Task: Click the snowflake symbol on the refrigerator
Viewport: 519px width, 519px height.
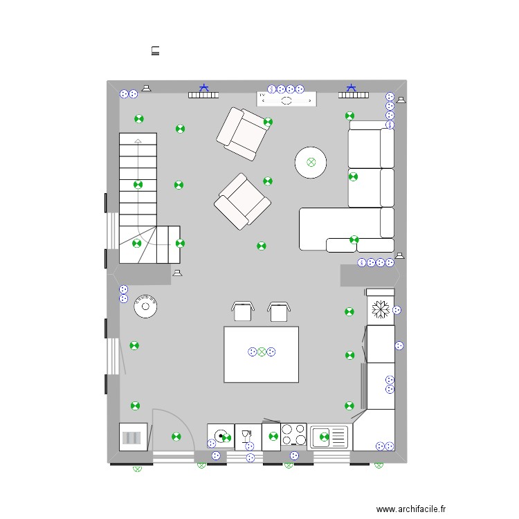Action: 379,309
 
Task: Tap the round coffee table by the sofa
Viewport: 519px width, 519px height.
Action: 311,163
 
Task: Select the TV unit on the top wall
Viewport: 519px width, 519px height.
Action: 286,100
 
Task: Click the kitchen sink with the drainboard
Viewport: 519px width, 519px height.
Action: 329,437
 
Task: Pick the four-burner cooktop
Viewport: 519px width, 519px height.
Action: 294,435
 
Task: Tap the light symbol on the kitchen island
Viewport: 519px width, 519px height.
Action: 262,352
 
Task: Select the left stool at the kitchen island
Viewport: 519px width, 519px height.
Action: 242,311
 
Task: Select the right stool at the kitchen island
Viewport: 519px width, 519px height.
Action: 278,311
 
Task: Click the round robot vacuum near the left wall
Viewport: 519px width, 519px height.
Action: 146,305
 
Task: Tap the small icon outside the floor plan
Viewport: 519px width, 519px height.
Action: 156,50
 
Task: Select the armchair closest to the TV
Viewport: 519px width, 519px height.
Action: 242,131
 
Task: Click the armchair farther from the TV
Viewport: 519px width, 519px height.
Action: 242,201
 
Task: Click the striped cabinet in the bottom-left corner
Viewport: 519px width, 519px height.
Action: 132,437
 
